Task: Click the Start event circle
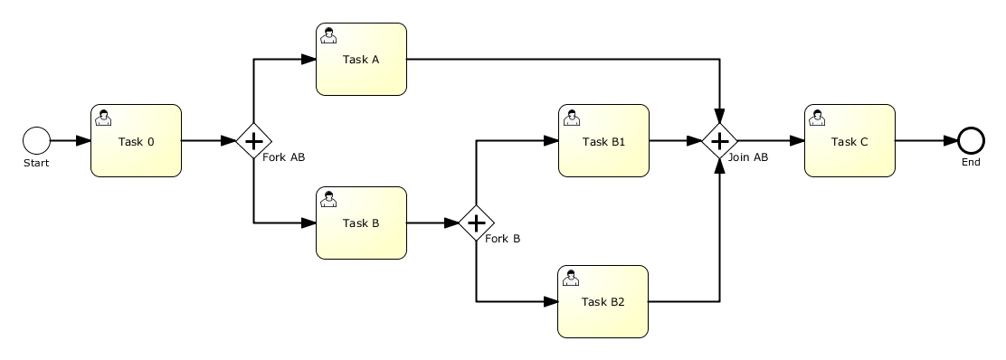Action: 36,140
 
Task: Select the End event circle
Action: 971,140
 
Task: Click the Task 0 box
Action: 136,140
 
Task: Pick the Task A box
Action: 361,59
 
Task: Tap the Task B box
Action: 361,223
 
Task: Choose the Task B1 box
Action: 603,140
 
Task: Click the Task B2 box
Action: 603,301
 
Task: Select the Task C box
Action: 849,140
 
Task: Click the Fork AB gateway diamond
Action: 254,140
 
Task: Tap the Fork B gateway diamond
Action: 476,223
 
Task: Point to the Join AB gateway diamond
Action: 719,140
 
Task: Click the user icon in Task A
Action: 328,35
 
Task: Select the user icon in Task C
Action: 817,118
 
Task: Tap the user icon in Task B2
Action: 570,278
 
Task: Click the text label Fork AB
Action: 283,157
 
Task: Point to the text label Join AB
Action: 748,157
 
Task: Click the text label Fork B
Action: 502,239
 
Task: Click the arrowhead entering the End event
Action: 950,140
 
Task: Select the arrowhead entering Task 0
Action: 83,140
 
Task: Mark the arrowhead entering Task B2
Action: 550,301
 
